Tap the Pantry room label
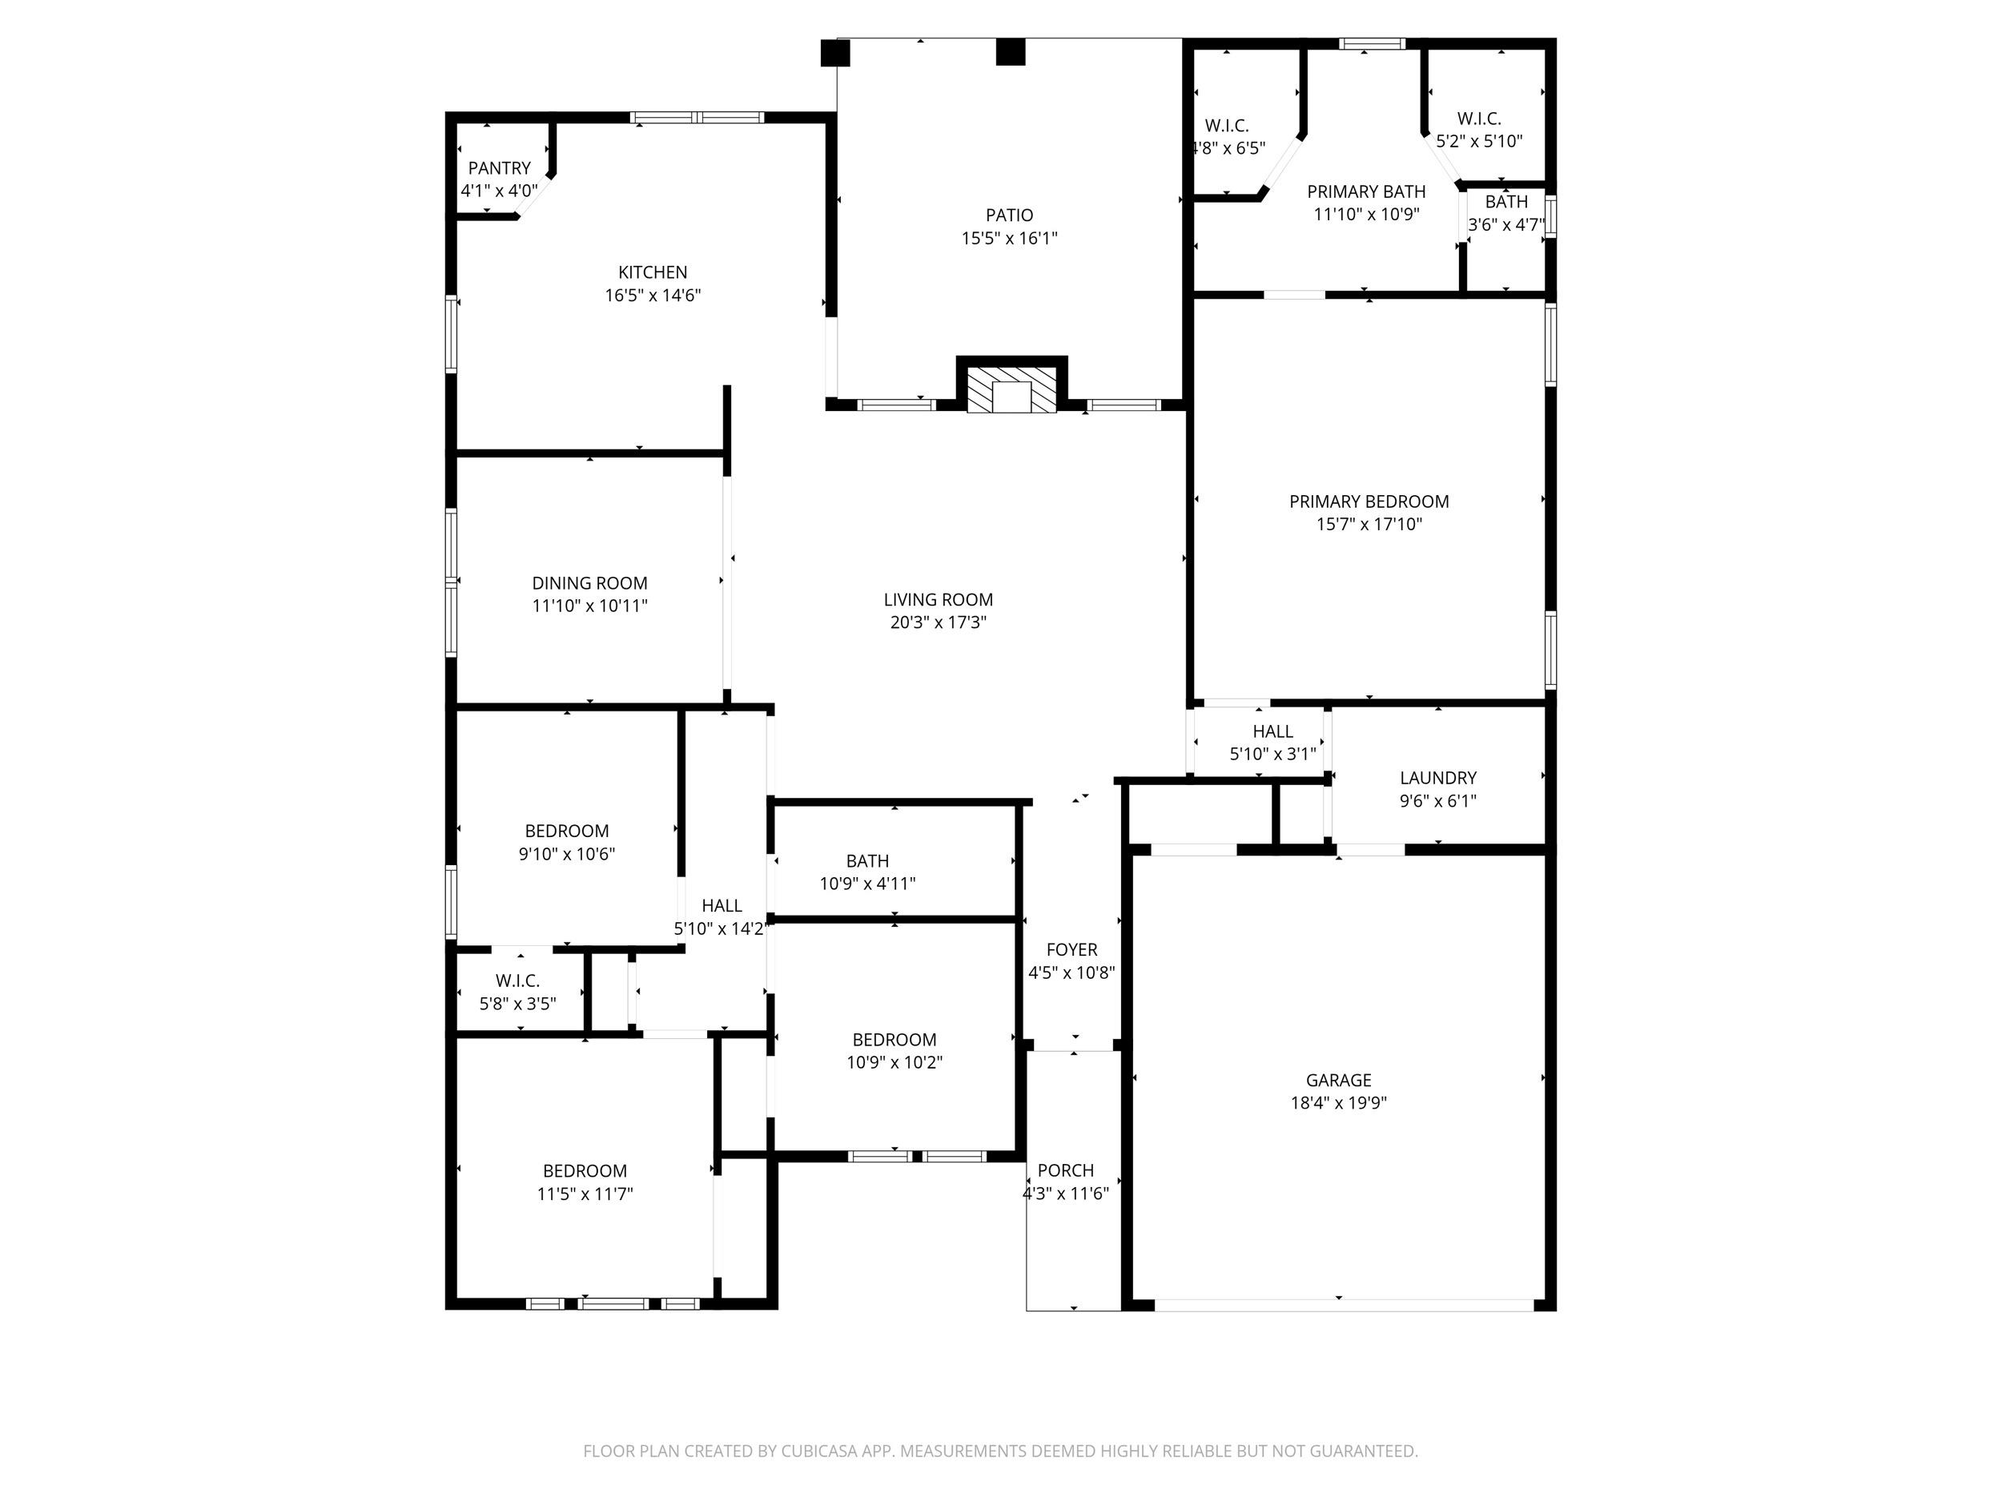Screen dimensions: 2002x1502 (499, 168)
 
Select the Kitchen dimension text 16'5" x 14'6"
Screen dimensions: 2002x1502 (653, 295)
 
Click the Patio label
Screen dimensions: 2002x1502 (1009, 215)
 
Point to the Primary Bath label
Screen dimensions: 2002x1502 (1365, 192)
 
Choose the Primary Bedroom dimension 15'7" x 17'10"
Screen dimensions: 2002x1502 (1369, 524)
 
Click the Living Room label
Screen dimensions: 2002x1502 (939, 599)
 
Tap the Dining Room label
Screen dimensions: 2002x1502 (589, 583)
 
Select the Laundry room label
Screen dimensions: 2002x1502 (1438, 778)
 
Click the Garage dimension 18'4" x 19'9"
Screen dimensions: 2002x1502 (1339, 1103)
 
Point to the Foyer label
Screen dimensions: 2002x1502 (1071, 950)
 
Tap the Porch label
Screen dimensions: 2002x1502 (1065, 1170)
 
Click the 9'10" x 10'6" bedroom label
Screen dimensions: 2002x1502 (567, 842)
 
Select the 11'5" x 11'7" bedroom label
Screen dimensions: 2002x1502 (585, 1182)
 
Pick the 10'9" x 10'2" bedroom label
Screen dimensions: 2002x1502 (894, 1051)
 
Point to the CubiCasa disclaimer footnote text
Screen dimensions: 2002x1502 (1000, 1452)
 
